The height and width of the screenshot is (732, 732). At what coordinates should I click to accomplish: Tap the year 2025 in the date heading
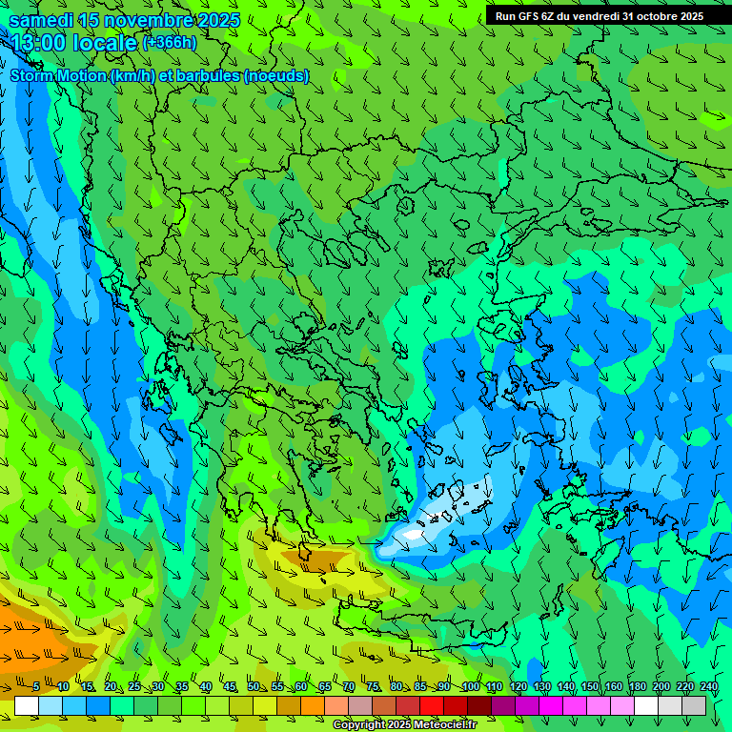[x=219, y=20]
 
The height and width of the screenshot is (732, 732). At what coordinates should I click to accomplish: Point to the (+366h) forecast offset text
[x=169, y=43]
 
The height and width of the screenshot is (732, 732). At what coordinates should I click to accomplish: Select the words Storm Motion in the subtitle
[x=58, y=75]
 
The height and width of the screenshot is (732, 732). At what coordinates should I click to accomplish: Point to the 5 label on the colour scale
[x=36, y=687]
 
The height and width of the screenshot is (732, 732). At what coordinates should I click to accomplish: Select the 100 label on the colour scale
[x=470, y=687]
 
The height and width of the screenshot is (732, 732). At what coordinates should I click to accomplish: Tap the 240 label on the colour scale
[x=708, y=687]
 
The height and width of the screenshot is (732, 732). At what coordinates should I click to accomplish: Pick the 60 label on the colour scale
[x=300, y=687]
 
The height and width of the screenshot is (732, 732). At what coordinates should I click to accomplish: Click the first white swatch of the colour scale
[x=26, y=706]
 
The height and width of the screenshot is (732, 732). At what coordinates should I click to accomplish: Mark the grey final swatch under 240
[x=695, y=706]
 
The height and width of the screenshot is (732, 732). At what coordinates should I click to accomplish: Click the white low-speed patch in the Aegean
[x=412, y=536]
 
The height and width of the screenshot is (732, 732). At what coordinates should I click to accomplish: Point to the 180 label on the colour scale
[x=637, y=687]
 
